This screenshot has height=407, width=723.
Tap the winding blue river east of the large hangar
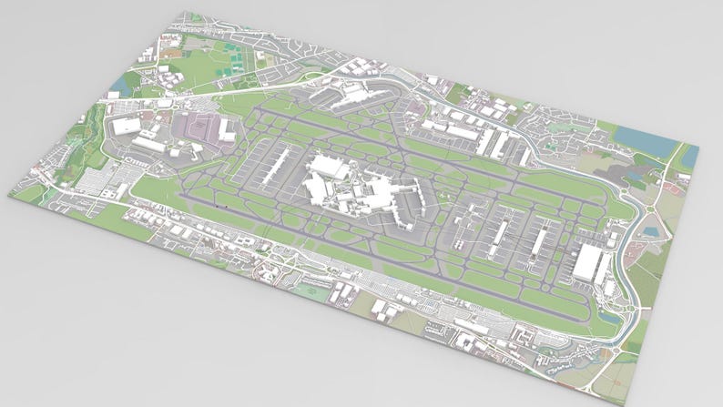(637, 264)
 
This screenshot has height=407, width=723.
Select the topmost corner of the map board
(181, 12)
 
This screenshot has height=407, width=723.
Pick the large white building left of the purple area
(127, 127)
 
